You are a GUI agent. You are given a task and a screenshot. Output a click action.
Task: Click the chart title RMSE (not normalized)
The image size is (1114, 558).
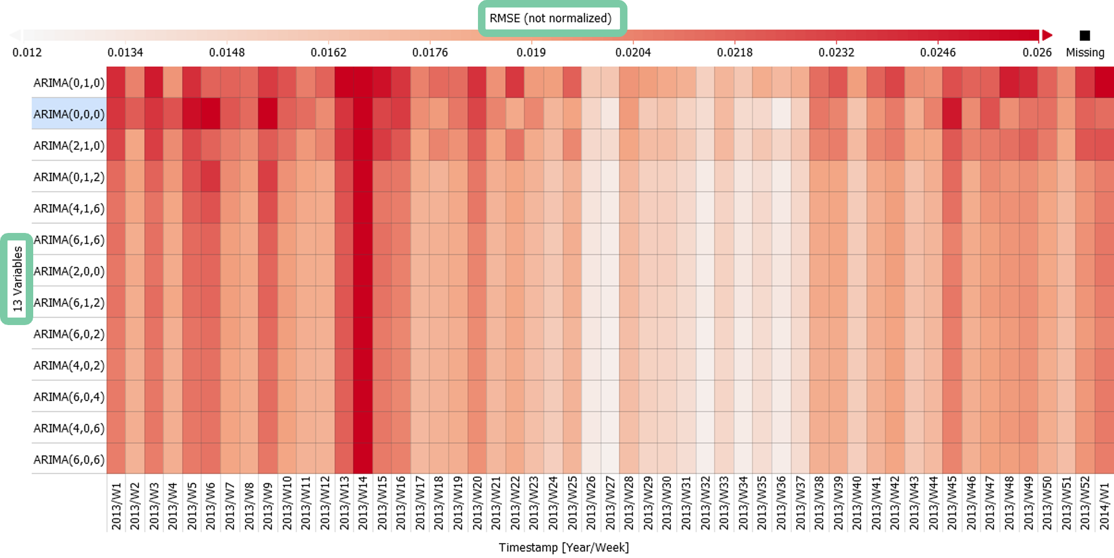coord(550,18)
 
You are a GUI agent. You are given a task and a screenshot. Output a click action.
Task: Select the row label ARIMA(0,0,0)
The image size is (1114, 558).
coord(69,114)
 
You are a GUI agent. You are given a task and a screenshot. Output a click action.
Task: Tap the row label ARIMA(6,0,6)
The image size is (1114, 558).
coord(69,459)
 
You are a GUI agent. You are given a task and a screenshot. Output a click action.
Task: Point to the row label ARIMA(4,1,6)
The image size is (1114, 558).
coord(69,208)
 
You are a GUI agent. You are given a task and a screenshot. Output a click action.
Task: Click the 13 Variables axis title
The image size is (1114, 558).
coord(18,278)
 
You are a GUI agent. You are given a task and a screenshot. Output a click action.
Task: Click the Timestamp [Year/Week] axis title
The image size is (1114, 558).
coord(564,547)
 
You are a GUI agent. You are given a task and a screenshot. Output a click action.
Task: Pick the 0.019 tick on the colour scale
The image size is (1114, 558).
coord(531,52)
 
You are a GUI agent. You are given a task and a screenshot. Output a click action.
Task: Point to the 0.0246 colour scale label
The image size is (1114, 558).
coord(938,52)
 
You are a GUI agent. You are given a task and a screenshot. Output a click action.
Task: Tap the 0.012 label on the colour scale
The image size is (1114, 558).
coord(27,52)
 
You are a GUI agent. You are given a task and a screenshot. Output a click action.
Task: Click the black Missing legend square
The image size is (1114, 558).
coord(1085,35)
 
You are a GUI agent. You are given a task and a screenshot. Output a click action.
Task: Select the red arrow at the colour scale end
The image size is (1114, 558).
coord(1046,35)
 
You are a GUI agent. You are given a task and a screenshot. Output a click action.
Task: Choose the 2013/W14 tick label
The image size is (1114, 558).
coord(363,503)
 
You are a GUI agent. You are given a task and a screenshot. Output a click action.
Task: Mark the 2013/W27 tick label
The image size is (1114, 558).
coord(610,503)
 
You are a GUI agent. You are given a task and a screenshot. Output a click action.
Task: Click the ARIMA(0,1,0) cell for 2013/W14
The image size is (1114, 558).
coord(363,82)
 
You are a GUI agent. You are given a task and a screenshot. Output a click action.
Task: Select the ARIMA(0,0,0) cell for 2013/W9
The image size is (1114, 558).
coord(268,114)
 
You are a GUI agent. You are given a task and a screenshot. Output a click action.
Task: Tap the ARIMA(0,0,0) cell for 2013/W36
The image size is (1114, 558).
coord(781,114)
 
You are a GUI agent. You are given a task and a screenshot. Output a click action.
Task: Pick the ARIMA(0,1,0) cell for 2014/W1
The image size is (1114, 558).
coord(1104,82)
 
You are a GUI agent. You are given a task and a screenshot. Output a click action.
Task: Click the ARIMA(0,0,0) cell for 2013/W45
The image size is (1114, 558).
coord(952,114)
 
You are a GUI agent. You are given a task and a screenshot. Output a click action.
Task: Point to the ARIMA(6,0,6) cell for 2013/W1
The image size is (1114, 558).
coord(116,459)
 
